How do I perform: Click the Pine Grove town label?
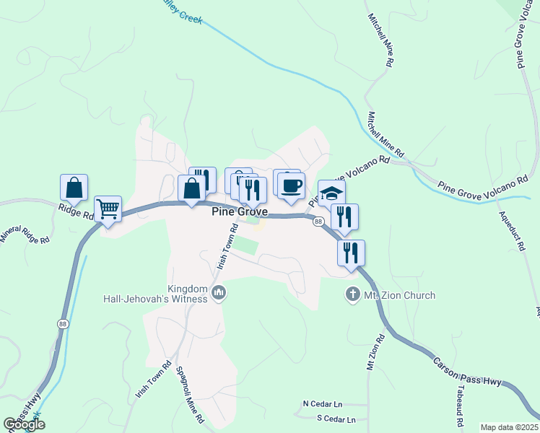click(240, 212)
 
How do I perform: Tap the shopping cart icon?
click(108, 209)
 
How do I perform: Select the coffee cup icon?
click(291, 186)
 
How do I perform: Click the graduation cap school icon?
click(331, 193)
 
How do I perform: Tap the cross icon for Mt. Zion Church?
click(352, 294)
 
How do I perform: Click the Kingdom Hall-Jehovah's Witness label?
click(188, 294)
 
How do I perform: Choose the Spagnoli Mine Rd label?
click(191, 395)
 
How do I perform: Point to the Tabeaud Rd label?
click(459, 398)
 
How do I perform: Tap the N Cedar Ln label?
click(322, 403)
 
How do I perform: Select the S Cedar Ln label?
click(336, 419)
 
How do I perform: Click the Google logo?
click(24, 424)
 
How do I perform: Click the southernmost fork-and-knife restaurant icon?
click(351, 253)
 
